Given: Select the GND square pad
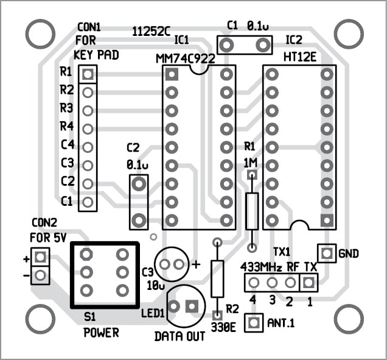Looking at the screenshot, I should click(326, 252).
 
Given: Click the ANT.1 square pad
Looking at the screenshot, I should click(253, 323).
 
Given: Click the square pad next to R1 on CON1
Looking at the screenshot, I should click(88, 74).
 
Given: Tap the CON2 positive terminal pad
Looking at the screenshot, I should click(40, 256).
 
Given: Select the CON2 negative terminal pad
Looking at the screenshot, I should click(40, 275).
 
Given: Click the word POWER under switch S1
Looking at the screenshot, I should click(101, 333).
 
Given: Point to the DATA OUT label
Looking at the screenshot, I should click(180, 336).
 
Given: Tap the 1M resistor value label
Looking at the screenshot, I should click(249, 163).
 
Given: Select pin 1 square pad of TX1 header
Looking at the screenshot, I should click(309, 282).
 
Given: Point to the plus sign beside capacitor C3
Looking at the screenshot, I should click(196, 264).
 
